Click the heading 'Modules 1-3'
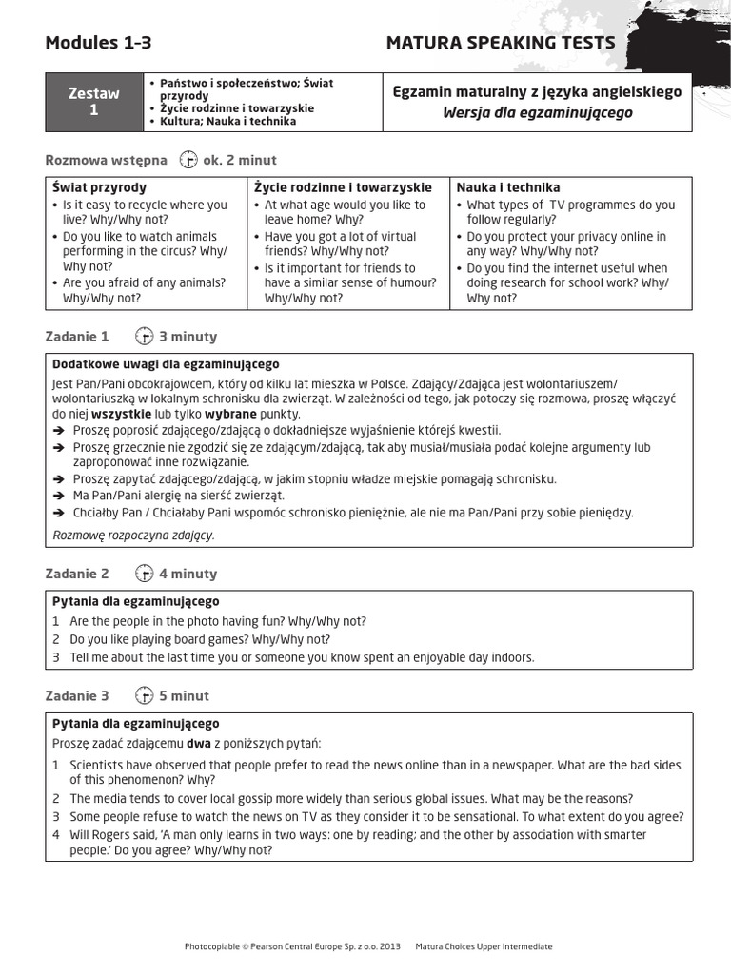(98, 43)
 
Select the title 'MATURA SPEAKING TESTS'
(500, 43)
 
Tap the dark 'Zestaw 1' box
(93, 102)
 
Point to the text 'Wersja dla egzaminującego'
(537, 113)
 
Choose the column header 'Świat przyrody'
(99, 187)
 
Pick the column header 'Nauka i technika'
(508, 187)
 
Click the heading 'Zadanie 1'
(77, 336)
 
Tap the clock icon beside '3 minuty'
(144, 336)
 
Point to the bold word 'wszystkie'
(121, 414)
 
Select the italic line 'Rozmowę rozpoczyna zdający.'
(133, 535)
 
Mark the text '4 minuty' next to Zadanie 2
(188, 573)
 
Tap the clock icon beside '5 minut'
(144, 695)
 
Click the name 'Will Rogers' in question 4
(101, 834)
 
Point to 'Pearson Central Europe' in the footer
(301, 946)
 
